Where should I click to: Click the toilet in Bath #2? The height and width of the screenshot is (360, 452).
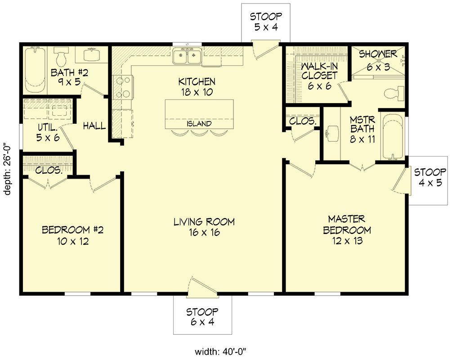(x=60, y=57)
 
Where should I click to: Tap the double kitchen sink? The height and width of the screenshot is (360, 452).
(x=187, y=57)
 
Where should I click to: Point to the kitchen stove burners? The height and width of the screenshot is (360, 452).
(x=122, y=87)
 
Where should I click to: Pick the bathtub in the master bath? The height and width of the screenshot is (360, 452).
(x=393, y=135)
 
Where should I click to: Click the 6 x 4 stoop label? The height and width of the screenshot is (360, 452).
(x=203, y=316)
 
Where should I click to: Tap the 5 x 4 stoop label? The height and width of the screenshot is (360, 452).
(x=266, y=22)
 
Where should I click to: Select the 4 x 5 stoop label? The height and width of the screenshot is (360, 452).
(x=430, y=177)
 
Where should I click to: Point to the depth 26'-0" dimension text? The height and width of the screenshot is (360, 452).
(x=8, y=168)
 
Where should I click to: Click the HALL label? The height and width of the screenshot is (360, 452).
(x=94, y=126)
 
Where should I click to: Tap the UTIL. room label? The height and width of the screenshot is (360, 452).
(x=48, y=132)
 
